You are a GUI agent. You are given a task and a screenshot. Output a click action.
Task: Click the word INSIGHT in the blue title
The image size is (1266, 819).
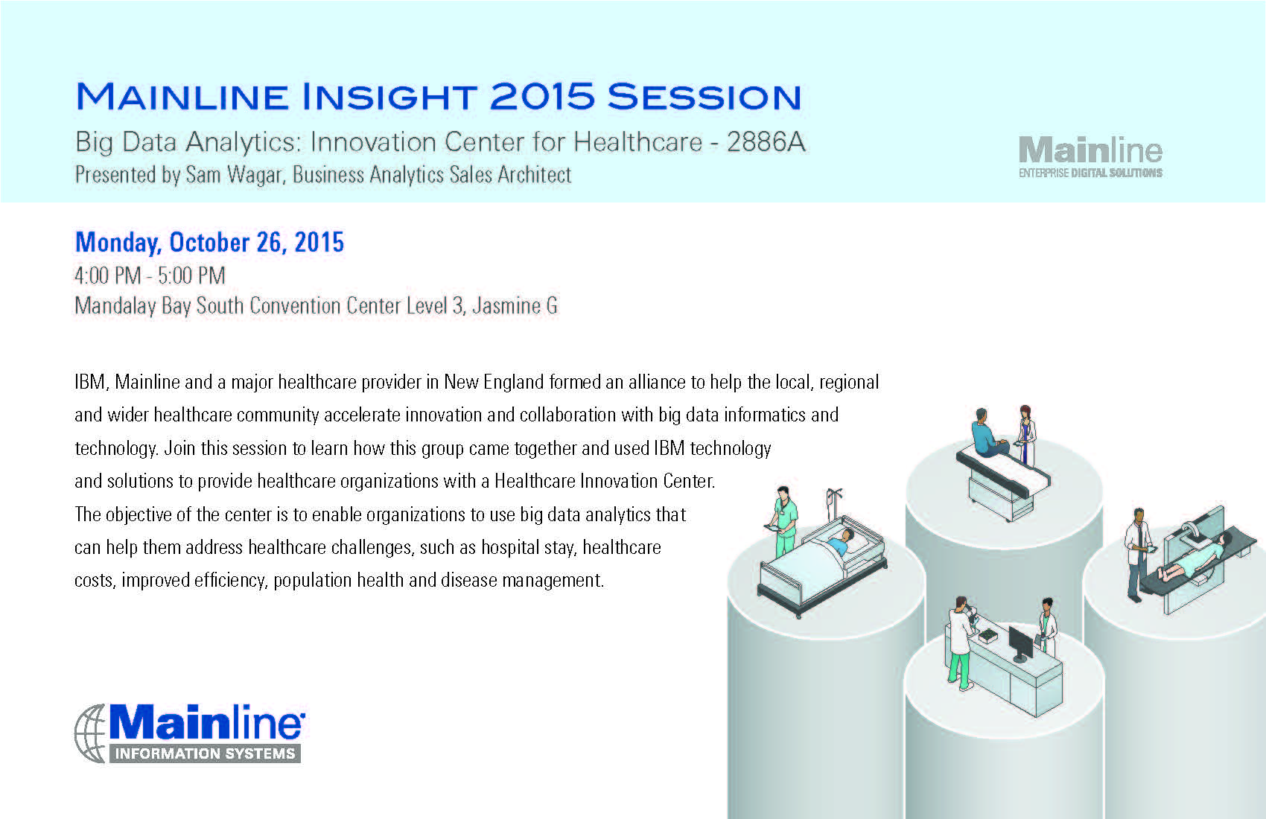[390, 97]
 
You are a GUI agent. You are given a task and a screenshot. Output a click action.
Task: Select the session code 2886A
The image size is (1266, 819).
[766, 141]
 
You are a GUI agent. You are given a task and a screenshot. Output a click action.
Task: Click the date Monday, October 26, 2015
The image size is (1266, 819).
[210, 243]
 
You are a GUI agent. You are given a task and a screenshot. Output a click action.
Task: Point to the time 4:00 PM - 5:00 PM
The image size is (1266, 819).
[150, 275]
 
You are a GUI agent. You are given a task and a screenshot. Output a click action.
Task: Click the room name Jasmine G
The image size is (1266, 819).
[515, 306]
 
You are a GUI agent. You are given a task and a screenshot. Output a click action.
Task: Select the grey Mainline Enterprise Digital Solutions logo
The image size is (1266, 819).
[1090, 157]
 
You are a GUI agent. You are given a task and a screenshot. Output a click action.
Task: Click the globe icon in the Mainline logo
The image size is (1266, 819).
[90, 733]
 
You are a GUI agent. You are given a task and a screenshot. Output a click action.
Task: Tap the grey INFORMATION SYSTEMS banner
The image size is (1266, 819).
[205, 753]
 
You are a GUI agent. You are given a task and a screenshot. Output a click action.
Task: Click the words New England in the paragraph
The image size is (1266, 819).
[494, 382]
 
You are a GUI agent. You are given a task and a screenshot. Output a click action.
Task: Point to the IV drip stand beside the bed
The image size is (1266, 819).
[833, 506]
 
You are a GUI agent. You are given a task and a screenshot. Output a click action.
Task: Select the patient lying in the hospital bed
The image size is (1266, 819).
[839, 542]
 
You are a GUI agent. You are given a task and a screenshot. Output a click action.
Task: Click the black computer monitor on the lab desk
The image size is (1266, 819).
[1021, 644]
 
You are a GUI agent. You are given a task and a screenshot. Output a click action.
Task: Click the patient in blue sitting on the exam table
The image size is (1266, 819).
[988, 433]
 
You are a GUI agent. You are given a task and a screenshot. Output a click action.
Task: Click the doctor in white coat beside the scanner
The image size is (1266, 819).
[1137, 555]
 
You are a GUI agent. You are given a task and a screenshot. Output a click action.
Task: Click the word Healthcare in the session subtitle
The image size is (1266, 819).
[637, 141]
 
